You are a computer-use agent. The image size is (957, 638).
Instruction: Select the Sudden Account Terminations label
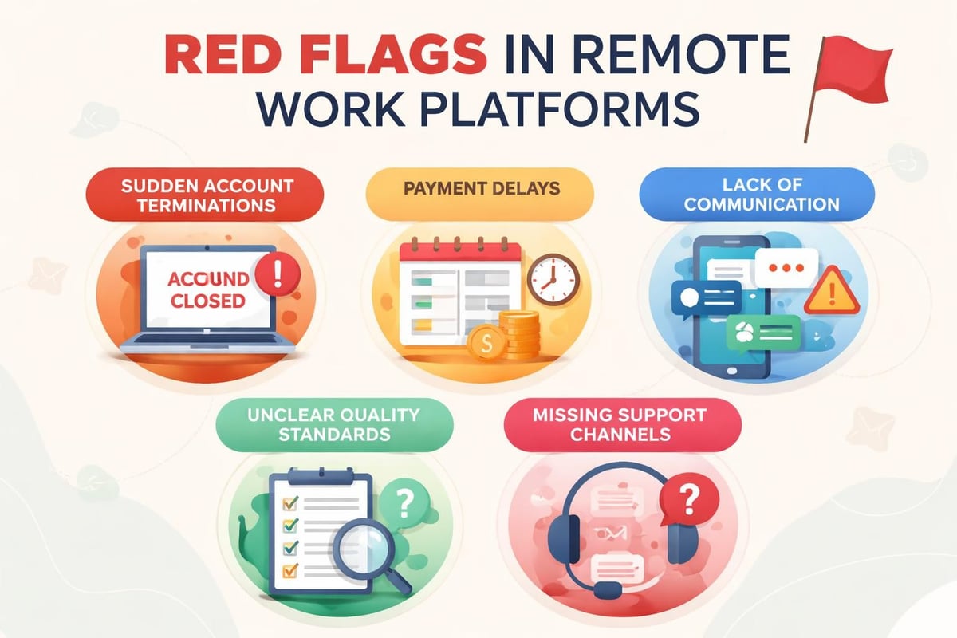[207, 194]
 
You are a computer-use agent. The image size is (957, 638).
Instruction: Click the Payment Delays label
[479, 190]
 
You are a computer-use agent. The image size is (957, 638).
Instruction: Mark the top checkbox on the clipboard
[291, 502]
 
